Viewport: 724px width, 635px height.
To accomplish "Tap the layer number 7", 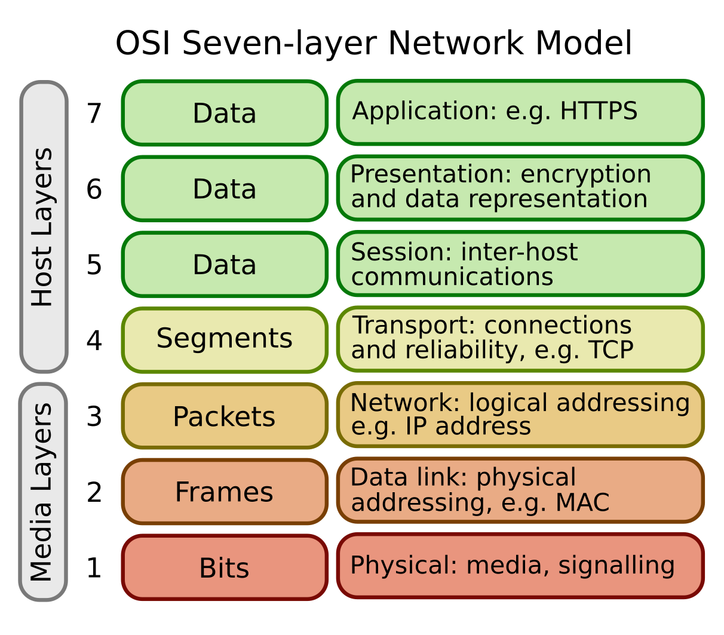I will pos(94,113).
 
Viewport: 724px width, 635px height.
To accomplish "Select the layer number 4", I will pos(94,340).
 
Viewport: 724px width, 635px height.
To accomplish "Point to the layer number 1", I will pos(94,567).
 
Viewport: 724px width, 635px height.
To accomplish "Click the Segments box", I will pos(225,339).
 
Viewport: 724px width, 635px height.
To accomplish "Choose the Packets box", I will pos(225,416).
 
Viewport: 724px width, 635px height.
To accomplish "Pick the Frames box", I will pos(225,492).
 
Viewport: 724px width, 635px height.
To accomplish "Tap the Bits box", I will pos(225,567).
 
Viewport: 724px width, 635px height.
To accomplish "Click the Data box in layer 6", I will pos(225,189).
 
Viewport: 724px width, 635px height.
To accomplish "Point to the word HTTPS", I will pos(599,111).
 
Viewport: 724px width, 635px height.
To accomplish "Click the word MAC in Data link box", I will pos(582,502).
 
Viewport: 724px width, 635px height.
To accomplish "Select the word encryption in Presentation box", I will pos(585,174).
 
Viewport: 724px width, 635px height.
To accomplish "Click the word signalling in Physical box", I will pos(616,565).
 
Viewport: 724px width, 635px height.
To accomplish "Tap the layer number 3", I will pos(94,416).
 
